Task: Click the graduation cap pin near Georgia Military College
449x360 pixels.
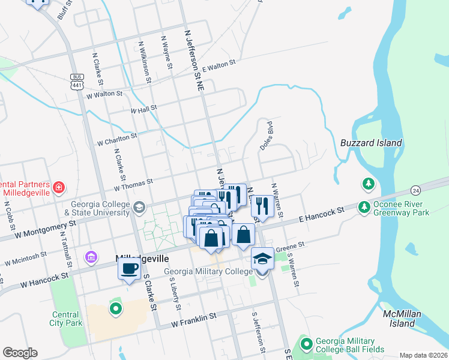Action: coord(262,258)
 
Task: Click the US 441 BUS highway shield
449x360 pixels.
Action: coord(76,82)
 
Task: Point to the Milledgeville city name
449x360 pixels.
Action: coord(141,258)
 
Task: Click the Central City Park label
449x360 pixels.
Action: coord(65,319)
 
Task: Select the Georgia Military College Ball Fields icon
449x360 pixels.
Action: coord(307,344)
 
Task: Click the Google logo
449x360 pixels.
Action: coord(20,353)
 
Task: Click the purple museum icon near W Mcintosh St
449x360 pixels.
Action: coord(91,257)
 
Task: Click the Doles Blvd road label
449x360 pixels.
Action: coord(267,136)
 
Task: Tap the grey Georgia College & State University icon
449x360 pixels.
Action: coord(140,208)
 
